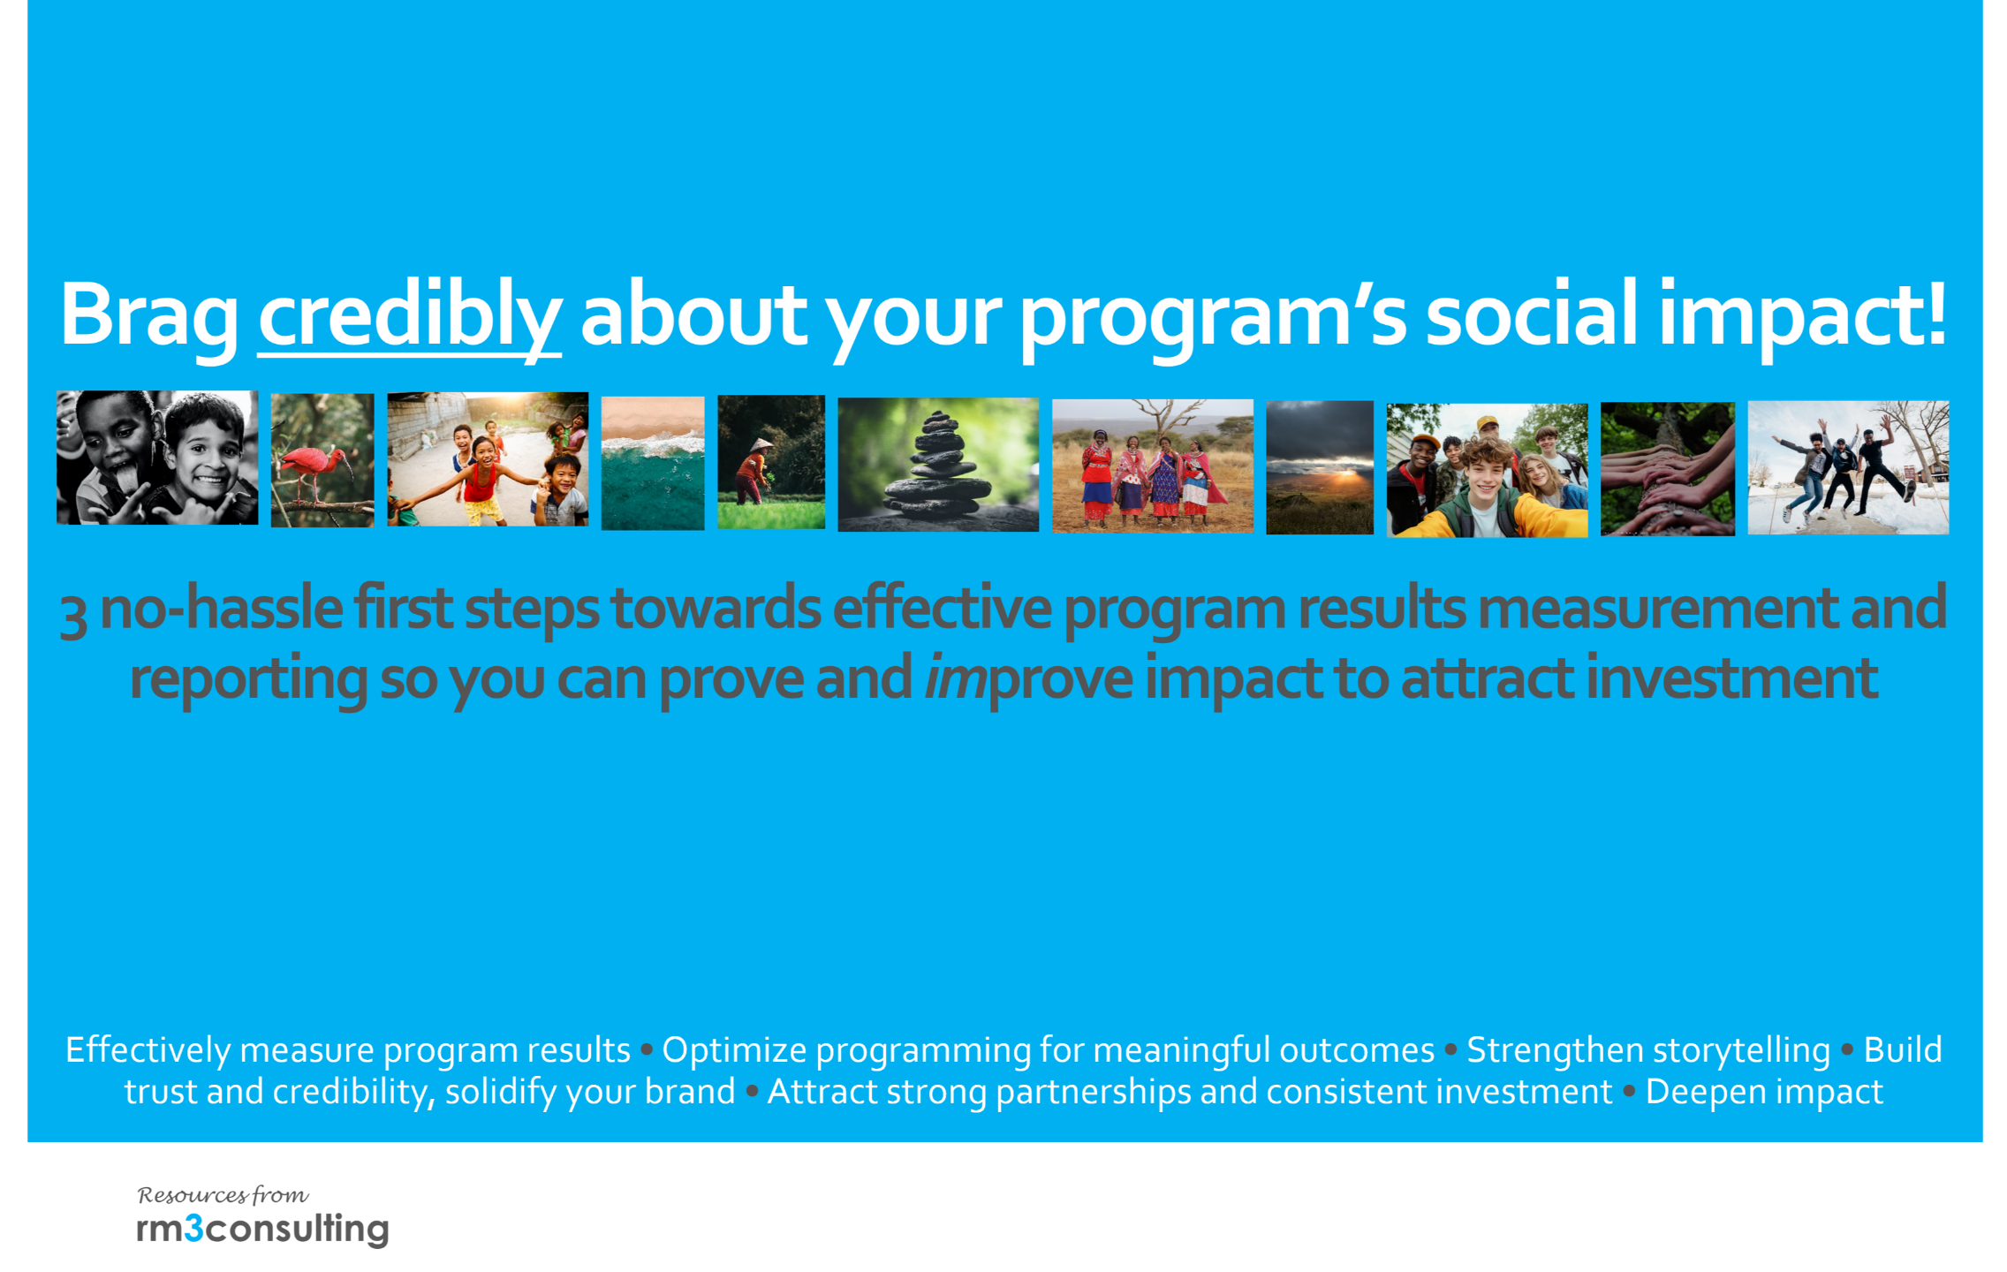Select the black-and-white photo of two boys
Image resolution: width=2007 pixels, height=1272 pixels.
[x=157, y=458]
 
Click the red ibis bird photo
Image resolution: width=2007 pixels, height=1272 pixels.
[x=322, y=460]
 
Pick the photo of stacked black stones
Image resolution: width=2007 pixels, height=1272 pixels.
[x=938, y=465]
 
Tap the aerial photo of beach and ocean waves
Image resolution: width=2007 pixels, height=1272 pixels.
[x=653, y=463]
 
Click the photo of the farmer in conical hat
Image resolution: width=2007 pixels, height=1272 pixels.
[x=771, y=462]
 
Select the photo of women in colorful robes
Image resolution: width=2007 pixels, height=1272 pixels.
[x=1153, y=466]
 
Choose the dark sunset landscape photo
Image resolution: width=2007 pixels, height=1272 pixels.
[x=1320, y=467]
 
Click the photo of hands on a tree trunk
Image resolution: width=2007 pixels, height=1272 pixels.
[x=1668, y=469]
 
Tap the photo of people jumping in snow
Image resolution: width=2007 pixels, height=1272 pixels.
[x=1849, y=468]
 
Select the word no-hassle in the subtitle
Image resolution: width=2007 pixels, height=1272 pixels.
[x=222, y=609]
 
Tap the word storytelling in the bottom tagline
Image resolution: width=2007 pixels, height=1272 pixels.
[x=1648, y=1051]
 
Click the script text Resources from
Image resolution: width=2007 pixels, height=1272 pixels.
[x=223, y=1195]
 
